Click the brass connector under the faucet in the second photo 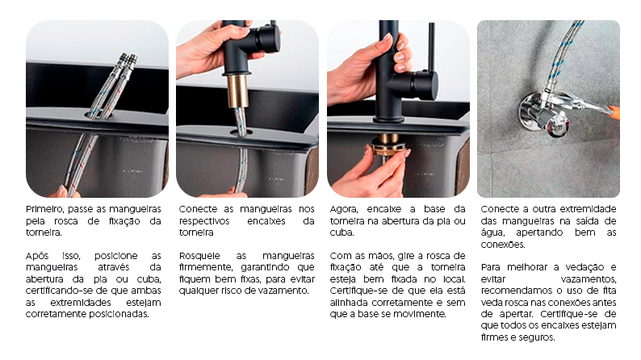click(x=236, y=90)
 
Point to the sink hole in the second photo click(x=241, y=130)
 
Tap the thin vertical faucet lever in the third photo click(x=431, y=48)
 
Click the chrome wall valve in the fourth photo click(x=543, y=113)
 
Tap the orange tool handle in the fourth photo click(x=614, y=112)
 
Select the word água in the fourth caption click(x=494, y=232)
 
